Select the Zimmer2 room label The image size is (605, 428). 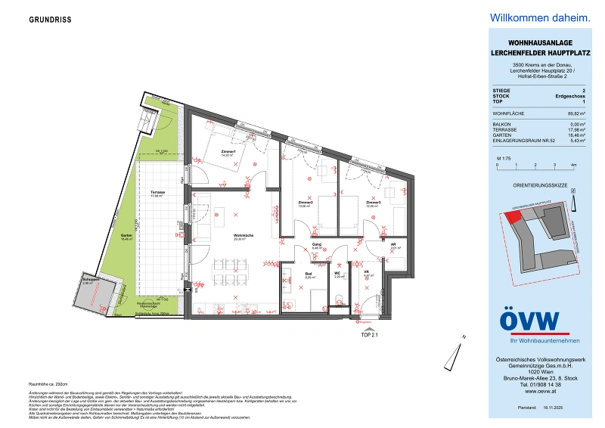click(x=306, y=203)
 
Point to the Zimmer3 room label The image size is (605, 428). click(x=373, y=203)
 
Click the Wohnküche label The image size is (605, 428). click(x=243, y=236)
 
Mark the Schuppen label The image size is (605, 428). click(x=91, y=280)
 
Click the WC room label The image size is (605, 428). click(x=337, y=274)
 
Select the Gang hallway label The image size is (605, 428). click(x=318, y=245)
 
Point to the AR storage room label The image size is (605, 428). click(x=393, y=245)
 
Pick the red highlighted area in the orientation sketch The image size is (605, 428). click(x=514, y=216)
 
